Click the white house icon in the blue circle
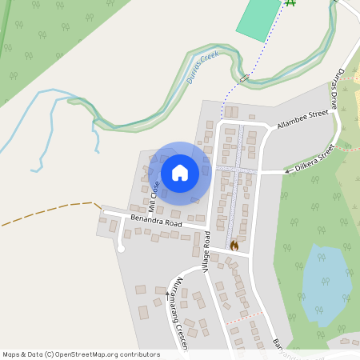180,172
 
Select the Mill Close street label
153,196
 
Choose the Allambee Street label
303,120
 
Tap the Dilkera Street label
314,159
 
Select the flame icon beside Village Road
234,245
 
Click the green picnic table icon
290,3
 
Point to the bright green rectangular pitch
258,20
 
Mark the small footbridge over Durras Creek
244,78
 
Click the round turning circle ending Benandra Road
122,248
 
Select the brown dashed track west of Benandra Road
48,211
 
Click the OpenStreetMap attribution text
81,354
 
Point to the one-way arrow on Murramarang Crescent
168,294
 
